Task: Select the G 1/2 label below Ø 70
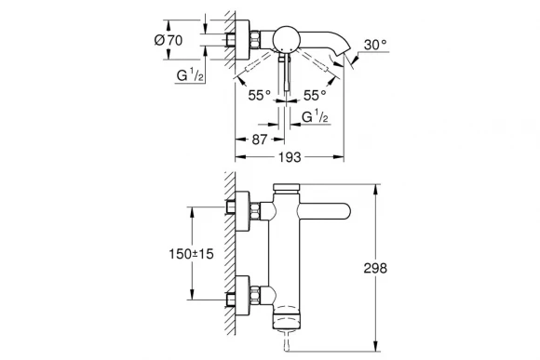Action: coord(191,75)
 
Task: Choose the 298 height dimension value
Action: coord(402,268)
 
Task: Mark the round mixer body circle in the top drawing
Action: coord(283,40)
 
